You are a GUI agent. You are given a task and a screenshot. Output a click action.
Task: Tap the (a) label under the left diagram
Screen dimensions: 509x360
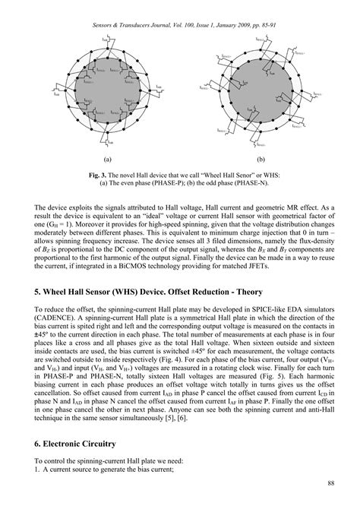108,160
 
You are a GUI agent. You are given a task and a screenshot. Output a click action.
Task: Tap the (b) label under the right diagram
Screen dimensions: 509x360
261,160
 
